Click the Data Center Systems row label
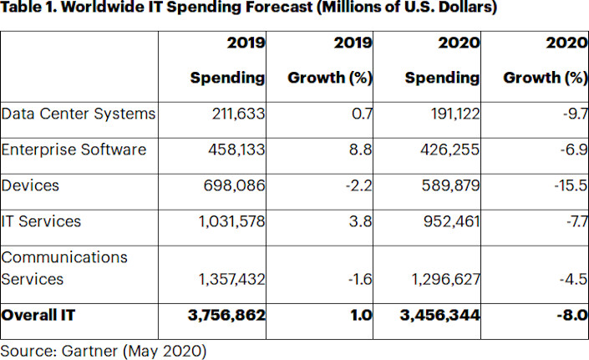tap(79, 114)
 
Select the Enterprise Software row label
tap(74, 150)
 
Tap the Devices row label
tap(30, 185)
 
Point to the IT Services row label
tap(41, 221)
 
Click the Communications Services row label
tap(64, 268)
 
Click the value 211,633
tap(234, 114)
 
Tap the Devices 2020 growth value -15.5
tap(571, 185)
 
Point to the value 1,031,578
tap(228, 221)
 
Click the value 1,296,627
tap(443, 279)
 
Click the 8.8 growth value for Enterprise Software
tap(361, 150)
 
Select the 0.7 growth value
tap(362, 114)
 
